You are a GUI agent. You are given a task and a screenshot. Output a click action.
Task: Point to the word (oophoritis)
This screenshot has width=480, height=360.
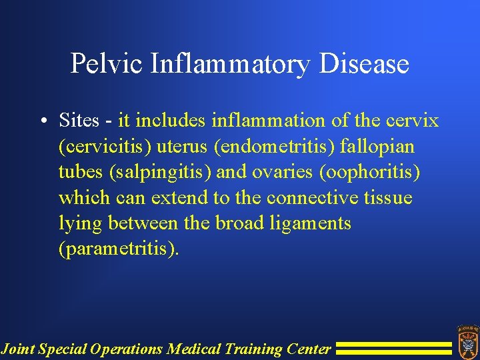click(370, 172)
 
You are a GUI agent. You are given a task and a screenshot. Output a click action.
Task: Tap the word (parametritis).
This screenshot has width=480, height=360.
click(119, 249)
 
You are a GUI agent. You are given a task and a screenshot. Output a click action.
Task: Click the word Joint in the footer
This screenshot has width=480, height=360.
click(17, 348)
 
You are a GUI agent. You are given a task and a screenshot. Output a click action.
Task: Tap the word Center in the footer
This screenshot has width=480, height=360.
click(309, 348)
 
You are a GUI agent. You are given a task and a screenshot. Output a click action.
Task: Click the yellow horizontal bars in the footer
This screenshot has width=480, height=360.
click(393, 348)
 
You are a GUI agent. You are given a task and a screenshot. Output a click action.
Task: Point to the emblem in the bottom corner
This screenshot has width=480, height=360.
click(467, 341)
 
